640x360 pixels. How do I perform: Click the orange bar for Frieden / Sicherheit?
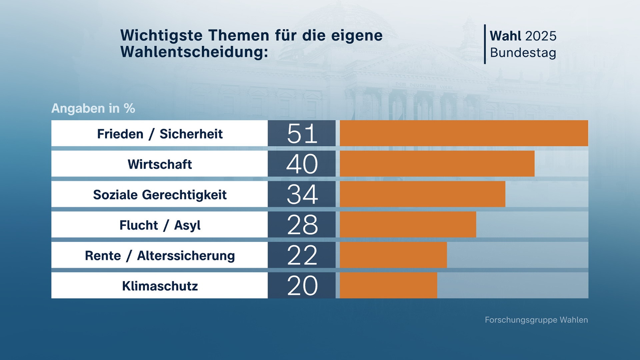[x=464, y=133]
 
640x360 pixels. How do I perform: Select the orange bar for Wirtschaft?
[x=437, y=163]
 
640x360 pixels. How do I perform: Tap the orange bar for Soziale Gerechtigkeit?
[x=422, y=194]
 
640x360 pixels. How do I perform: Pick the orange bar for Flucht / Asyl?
[x=408, y=224]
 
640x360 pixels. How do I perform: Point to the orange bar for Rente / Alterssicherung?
[x=393, y=255]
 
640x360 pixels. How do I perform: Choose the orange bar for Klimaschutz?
[x=388, y=285]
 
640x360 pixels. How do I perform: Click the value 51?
[x=302, y=134]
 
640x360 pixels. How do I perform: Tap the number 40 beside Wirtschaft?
[x=302, y=164]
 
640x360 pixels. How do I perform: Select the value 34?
[x=302, y=194]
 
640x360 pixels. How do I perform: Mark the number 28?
[x=302, y=225]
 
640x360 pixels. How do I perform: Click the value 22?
[x=302, y=255]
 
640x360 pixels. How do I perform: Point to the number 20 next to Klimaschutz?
[x=302, y=286]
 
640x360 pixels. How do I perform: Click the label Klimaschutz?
[x=160, y=286]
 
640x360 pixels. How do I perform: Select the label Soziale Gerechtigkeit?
[x=160, y=195]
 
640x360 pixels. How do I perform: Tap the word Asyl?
[x=187, y=226]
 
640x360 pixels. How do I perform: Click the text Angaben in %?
[x=93, y=108]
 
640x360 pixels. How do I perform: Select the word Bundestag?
[x=523, y=53]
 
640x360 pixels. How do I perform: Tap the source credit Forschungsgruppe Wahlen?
[x=536, y=320]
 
